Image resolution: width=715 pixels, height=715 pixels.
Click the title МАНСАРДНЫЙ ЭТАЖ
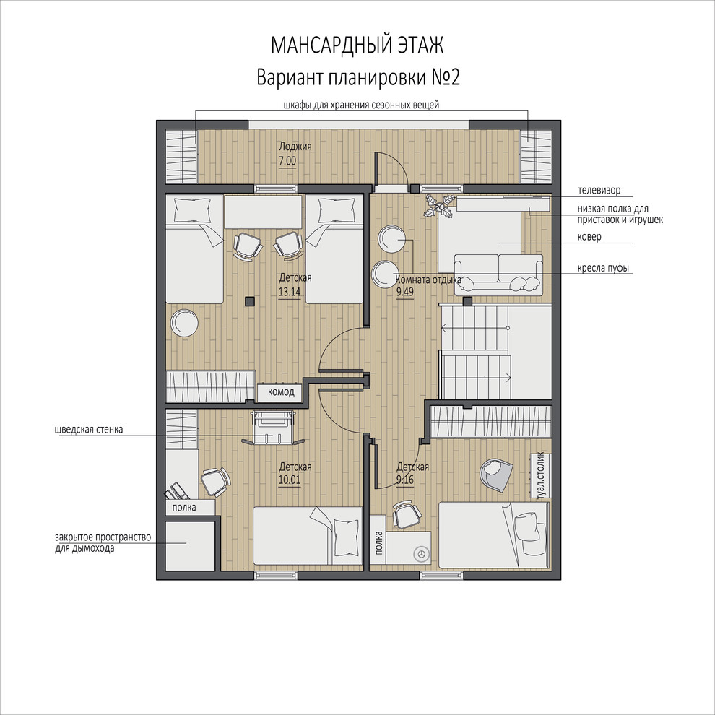click(357, 45)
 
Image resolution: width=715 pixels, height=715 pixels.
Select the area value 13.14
click(290, 292)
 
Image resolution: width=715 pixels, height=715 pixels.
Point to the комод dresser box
click(280, 392)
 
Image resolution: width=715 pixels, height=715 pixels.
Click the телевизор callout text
click(599, 190)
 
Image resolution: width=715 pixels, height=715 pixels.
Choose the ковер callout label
click(589, 237)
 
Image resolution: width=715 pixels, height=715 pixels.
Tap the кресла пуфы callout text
click(603, 268)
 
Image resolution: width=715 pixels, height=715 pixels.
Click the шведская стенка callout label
click(88, 430)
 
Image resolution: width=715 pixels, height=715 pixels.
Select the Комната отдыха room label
click(428, 279)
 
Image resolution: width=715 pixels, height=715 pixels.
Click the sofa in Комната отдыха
click(498, 273)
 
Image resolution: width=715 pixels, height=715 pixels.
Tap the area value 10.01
click(290, 480)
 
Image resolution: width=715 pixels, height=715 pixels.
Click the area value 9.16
click(405, 480)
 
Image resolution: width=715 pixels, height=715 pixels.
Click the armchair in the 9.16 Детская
click(496, 474)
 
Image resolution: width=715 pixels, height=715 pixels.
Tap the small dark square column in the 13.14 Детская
click(249, 301)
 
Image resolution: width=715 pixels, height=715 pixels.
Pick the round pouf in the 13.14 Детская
click(184, 323)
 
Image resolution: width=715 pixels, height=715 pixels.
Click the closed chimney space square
click(190, 546)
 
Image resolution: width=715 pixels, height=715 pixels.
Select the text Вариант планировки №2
click(358, 77)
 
